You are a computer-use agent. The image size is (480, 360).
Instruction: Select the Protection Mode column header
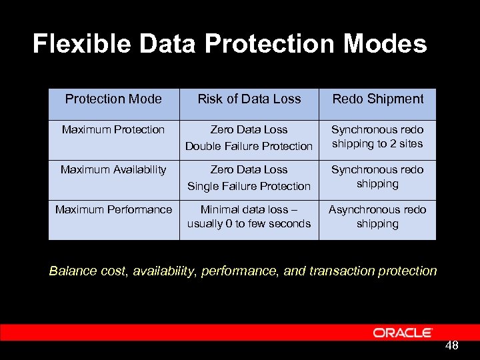click(x=113, y=99)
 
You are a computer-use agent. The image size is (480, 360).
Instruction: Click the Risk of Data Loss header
click(x=249, y=99)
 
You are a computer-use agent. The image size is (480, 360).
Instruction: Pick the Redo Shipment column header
click(x=377, y=99)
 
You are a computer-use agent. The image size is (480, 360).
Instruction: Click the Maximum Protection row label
click(x=113, y=129)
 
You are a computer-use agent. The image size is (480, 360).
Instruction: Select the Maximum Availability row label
click(x=113, y=169)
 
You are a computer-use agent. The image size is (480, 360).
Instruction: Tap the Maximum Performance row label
click(x=113, y=209)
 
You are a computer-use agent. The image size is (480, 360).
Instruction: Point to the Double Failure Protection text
click(x=249, y=146)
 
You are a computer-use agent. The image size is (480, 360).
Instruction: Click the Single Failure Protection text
click(x=249, y=186)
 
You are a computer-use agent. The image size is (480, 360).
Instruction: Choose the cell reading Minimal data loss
click(x=249, y=216)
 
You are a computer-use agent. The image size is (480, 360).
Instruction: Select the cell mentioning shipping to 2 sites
click(x=377, y=137)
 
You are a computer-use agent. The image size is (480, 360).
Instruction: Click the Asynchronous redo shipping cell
click(x=377, y=217)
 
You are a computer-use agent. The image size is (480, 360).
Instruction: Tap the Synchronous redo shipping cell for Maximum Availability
click(x=377, y=177)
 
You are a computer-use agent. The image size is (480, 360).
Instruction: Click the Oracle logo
click(x=403, y=333)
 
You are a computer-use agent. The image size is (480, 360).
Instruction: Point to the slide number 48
click(x=451, y=345)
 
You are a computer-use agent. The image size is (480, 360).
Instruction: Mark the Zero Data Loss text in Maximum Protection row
click(x=249, y=129)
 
